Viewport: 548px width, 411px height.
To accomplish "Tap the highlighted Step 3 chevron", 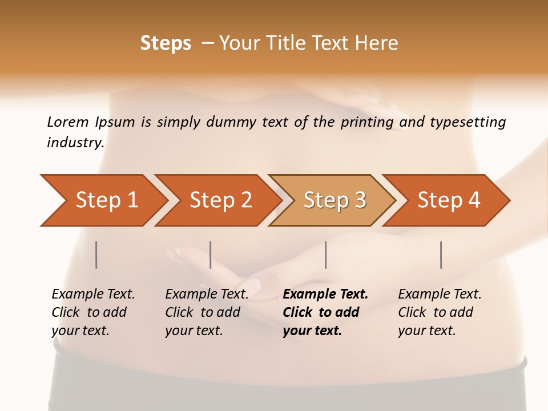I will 333,200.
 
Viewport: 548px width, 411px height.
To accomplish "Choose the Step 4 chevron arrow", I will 448,200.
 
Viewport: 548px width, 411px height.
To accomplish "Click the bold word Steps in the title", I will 166,43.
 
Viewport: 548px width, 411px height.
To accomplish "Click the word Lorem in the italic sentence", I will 68,122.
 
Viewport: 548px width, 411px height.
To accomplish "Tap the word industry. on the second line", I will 76,143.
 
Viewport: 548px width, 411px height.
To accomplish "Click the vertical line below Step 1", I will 96,255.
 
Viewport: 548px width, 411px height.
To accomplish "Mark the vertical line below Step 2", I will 211,255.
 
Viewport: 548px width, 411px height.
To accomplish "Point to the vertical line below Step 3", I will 326,255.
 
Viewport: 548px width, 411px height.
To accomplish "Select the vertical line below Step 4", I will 441,255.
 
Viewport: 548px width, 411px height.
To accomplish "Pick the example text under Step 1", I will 93,312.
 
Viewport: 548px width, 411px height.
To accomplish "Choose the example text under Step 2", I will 207,312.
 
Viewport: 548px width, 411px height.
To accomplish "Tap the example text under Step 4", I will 440,312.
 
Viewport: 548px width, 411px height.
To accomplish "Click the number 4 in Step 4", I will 474,200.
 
